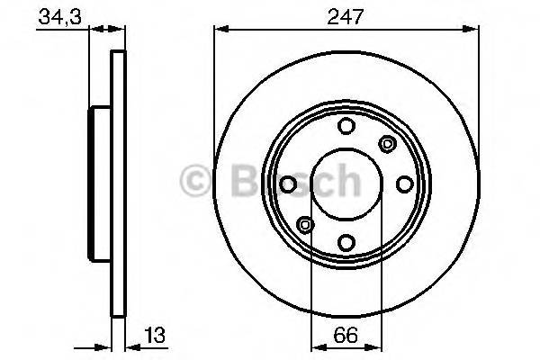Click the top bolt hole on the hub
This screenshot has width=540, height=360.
[x=346, y=127]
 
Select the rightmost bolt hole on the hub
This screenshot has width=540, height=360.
[x=404, y=184]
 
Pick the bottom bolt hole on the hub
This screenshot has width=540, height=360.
[x=346, y=241]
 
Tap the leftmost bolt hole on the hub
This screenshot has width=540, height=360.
[x=289, y=184]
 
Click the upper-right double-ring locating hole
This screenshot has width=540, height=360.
[x=388, y=142]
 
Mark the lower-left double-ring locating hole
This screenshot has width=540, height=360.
[x=305, y=225]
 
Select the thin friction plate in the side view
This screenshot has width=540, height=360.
[x=116, y=184]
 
